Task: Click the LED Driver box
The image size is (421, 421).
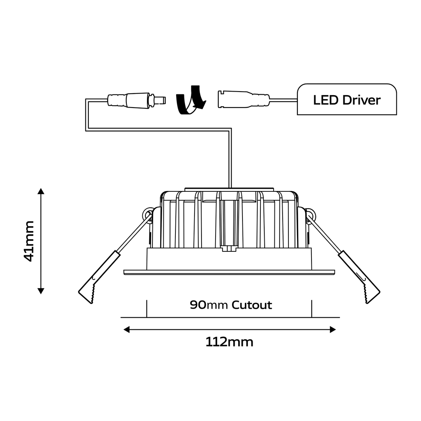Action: click(x=347, y=99)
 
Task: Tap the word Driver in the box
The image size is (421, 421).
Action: click(x=361, y=100)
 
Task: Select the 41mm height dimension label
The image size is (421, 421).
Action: click(x=29, y=241)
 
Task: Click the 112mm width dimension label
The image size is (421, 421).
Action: click(x=229, y=342)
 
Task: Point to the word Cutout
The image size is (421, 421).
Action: click(x=251, y=305)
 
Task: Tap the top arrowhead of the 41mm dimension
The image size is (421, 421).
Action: click(x=41, y=191)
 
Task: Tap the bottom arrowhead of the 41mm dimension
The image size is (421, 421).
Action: click(x=41, y=291)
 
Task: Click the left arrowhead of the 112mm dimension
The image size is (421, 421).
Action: click(x=127, y=330)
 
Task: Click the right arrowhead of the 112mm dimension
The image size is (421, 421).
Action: click(x=333, y=330)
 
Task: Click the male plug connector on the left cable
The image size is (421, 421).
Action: click(x=136, y=101)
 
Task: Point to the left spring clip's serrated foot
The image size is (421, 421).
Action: click(x=92, y=293)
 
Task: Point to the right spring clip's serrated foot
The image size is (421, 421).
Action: click(x=366, y=293)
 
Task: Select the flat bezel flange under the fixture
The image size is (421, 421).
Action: click(x=229, y=272)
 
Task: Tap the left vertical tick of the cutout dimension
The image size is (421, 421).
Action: click(x=147, y=308)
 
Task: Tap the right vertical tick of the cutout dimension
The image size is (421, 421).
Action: click(x=311, y=308)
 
